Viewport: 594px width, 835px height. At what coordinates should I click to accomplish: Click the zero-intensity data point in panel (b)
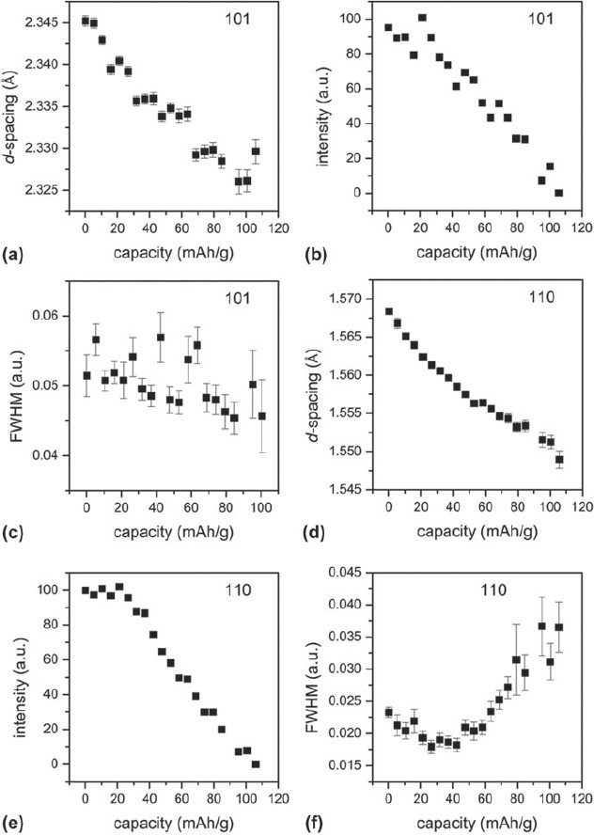(x=558, y=193)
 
